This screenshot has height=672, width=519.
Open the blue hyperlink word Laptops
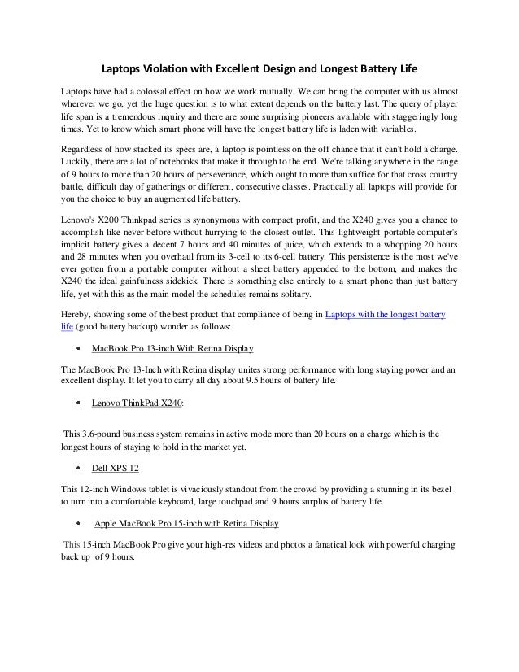(x=342, y=315)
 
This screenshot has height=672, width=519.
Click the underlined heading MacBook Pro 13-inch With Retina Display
(x=172, y=349)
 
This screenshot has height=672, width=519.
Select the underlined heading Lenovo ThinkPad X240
(x=137, y=402)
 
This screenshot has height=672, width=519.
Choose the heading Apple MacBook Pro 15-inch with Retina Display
(x=187, y=522)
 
